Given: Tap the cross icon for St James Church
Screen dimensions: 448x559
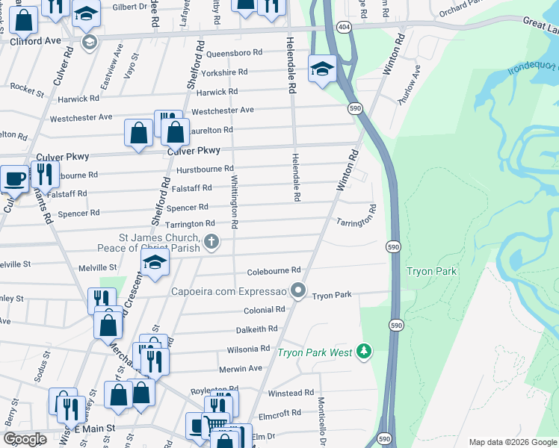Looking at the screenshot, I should [212, 241].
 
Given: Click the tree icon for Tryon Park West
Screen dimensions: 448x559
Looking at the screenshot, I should [363, 350].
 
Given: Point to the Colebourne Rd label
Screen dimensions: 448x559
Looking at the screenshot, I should [274, 270].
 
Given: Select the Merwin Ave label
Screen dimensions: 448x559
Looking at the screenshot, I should [241, 369].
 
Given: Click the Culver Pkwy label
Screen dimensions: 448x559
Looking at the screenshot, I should [63, 157].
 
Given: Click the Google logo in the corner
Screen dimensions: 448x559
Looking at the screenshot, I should [25, 439].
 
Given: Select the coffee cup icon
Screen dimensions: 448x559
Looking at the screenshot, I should [14, 178].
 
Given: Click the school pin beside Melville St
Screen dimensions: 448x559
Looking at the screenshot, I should [155, 263].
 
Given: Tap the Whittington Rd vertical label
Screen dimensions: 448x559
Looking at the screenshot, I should [235, 202].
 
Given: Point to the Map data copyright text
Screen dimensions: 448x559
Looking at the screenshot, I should [511, 442].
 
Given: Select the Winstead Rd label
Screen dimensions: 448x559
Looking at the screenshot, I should [291, 393].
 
